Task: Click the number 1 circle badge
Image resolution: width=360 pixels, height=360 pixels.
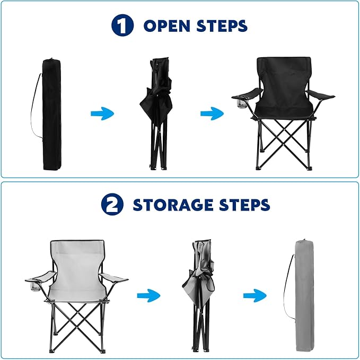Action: pos(122,25)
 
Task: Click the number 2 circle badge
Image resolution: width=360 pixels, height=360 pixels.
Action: pos(112,204)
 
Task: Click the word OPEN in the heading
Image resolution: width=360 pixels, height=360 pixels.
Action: pos(167,25)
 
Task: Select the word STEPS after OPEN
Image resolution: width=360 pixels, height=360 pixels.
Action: pos(222,25)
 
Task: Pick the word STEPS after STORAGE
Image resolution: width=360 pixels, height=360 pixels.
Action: pos(244,205)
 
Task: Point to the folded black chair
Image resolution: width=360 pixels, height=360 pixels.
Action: pos(156,113)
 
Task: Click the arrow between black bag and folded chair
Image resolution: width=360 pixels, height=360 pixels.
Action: pos(102,113)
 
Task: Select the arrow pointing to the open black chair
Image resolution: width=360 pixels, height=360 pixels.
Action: pos(212,113)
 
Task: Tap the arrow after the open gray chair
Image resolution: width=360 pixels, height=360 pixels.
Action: pos(148,295)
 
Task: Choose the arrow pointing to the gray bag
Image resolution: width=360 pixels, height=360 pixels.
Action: pos(255,295)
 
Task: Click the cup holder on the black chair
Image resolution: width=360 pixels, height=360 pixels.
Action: pos(242,103)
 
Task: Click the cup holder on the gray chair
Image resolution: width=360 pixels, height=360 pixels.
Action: pos(35,287)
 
